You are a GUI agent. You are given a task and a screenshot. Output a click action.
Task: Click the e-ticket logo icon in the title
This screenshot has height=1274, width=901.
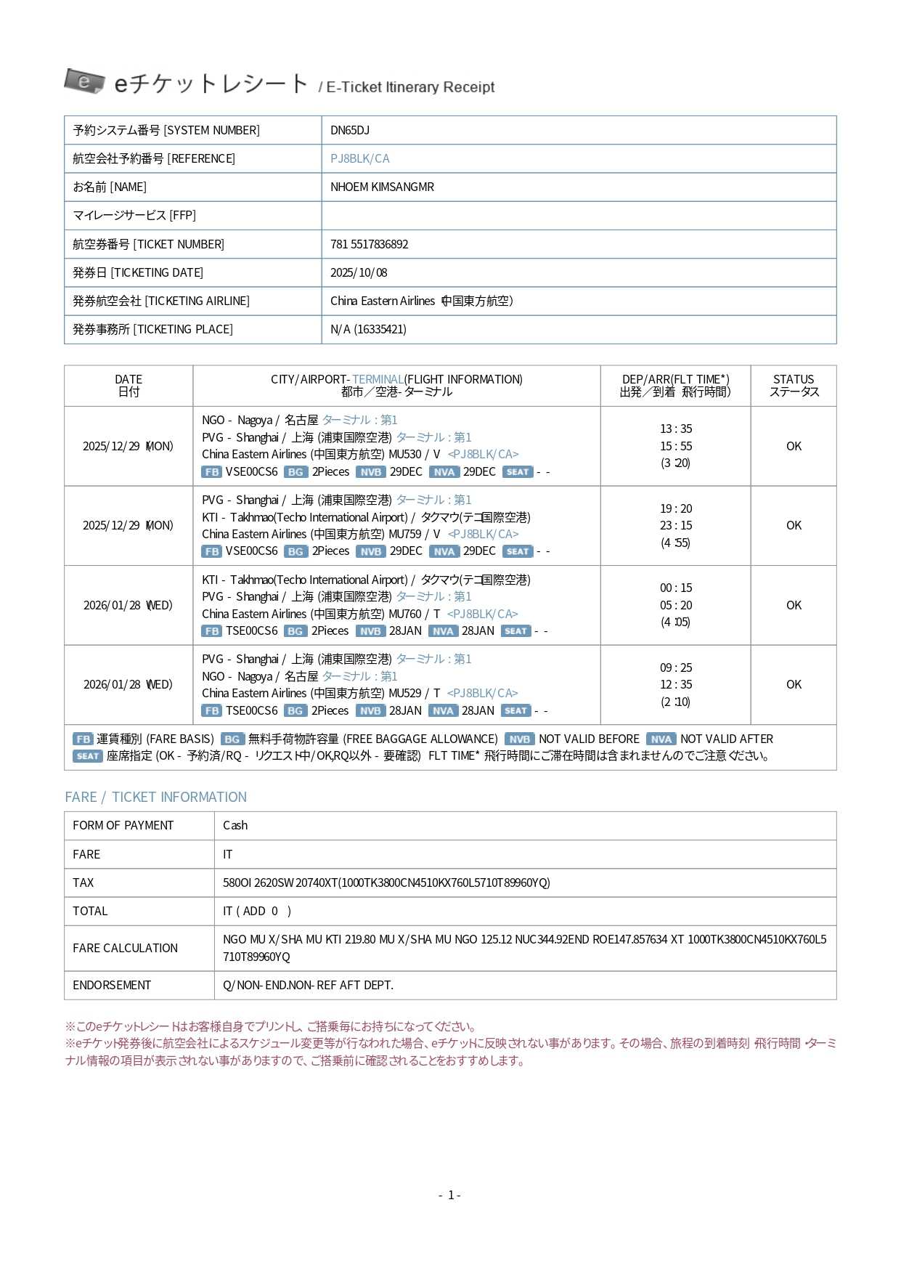coord(84,81)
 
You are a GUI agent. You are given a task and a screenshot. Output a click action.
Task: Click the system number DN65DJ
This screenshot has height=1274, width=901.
coord(349,130)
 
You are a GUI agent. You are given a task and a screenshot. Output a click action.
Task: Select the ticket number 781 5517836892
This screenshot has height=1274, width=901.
coord(369,244)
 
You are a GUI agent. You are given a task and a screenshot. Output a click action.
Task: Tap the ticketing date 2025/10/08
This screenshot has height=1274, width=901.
coord(359,272)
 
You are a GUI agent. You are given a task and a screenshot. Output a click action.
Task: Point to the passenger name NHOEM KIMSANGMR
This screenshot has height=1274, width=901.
coord(382,187)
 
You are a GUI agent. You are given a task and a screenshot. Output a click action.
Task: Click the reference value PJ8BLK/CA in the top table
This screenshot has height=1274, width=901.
coord(359,158)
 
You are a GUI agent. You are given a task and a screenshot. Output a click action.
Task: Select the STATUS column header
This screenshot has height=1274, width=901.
coord(794,385)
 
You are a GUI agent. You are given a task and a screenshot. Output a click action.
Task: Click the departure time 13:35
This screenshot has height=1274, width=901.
coord(675,429)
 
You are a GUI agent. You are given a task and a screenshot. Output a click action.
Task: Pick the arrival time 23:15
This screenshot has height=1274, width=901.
coord(675,525)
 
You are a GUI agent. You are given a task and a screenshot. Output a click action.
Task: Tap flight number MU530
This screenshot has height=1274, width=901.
coord(404,454)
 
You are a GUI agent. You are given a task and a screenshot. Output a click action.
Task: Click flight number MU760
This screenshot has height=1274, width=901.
coord(404,614)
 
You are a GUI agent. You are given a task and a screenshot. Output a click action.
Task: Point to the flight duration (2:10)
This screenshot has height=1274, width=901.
coord(675,702)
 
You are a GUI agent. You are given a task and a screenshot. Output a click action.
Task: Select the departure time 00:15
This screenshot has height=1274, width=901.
coord(675,588)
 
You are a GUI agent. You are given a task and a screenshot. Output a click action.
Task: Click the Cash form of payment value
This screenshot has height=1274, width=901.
coord(235,825)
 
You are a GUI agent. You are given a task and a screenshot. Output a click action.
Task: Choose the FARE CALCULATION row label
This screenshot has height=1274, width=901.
coord(125,948)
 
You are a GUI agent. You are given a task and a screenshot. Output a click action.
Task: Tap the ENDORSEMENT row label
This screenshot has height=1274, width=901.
coord(112,985)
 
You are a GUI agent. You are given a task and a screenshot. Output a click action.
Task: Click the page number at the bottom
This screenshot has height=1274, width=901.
coord(450,1195)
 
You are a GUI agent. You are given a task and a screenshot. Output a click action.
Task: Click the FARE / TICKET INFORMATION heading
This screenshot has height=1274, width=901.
coord(155,797)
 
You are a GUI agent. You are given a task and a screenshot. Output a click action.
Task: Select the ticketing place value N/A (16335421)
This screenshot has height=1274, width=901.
coord(368,329)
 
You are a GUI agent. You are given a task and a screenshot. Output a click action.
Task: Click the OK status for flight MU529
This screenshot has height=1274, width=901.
coord(794,684)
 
